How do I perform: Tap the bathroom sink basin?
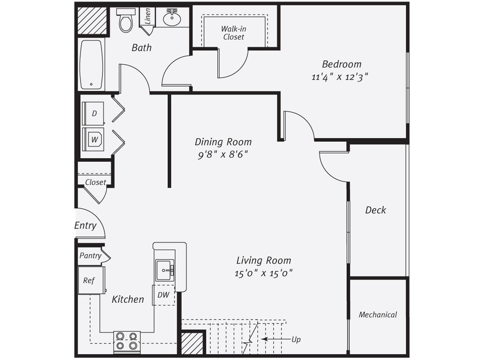tap(172, 18)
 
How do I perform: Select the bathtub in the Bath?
tap(91, 64)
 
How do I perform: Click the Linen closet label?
tap(148, 17)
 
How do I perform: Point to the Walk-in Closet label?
tap(233, 33)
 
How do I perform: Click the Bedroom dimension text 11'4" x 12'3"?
tap(340, 78)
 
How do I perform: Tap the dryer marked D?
tap(94, 113)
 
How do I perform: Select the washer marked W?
tap(94, 139)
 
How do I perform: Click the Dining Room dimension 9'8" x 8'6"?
tap(223, 154)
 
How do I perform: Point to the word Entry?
tap(85, 226)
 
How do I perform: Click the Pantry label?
tap(90, 255)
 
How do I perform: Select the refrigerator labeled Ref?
tap(89, 280)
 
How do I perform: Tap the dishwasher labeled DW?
tap(163, 295)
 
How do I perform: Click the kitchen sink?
tap(165, 270)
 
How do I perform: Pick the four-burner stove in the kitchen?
tap(127, 341)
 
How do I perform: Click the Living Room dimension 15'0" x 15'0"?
tap(263, 273)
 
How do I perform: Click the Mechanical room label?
tap(378, 315)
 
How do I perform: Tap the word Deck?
tap(375, 210)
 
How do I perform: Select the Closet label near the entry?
tap(96, 182)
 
